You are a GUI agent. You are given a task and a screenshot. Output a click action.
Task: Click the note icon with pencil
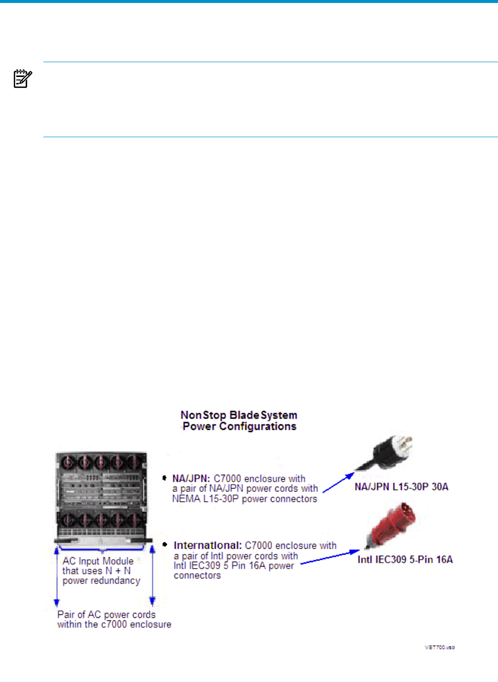[23, 79]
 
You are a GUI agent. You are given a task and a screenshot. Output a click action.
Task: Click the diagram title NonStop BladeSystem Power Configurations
[239, 421]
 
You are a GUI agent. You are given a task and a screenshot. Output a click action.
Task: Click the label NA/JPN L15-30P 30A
[401, 487]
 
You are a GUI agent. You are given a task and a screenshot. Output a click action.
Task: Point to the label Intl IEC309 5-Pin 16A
[405, 560]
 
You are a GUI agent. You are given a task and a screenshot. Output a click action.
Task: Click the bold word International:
[207, 545]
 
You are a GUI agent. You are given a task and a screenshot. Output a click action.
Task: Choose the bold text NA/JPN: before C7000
[191, 479]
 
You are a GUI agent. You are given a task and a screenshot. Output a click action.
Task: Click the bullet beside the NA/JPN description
[164, 478]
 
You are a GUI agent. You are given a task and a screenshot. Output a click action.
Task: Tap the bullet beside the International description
[165, 544]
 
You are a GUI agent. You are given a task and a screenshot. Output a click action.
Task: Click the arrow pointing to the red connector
[330, 557]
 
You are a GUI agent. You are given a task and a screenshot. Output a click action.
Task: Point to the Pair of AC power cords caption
[114, 619]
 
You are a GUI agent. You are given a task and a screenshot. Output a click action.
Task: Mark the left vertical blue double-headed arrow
[57, 575]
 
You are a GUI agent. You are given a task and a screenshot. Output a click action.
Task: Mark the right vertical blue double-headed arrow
[153, 575]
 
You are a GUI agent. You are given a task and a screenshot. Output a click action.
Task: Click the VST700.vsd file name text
[439, 647]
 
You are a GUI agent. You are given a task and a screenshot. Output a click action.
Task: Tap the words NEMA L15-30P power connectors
[244, 499]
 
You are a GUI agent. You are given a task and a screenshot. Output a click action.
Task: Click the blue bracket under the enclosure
[102, 548]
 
